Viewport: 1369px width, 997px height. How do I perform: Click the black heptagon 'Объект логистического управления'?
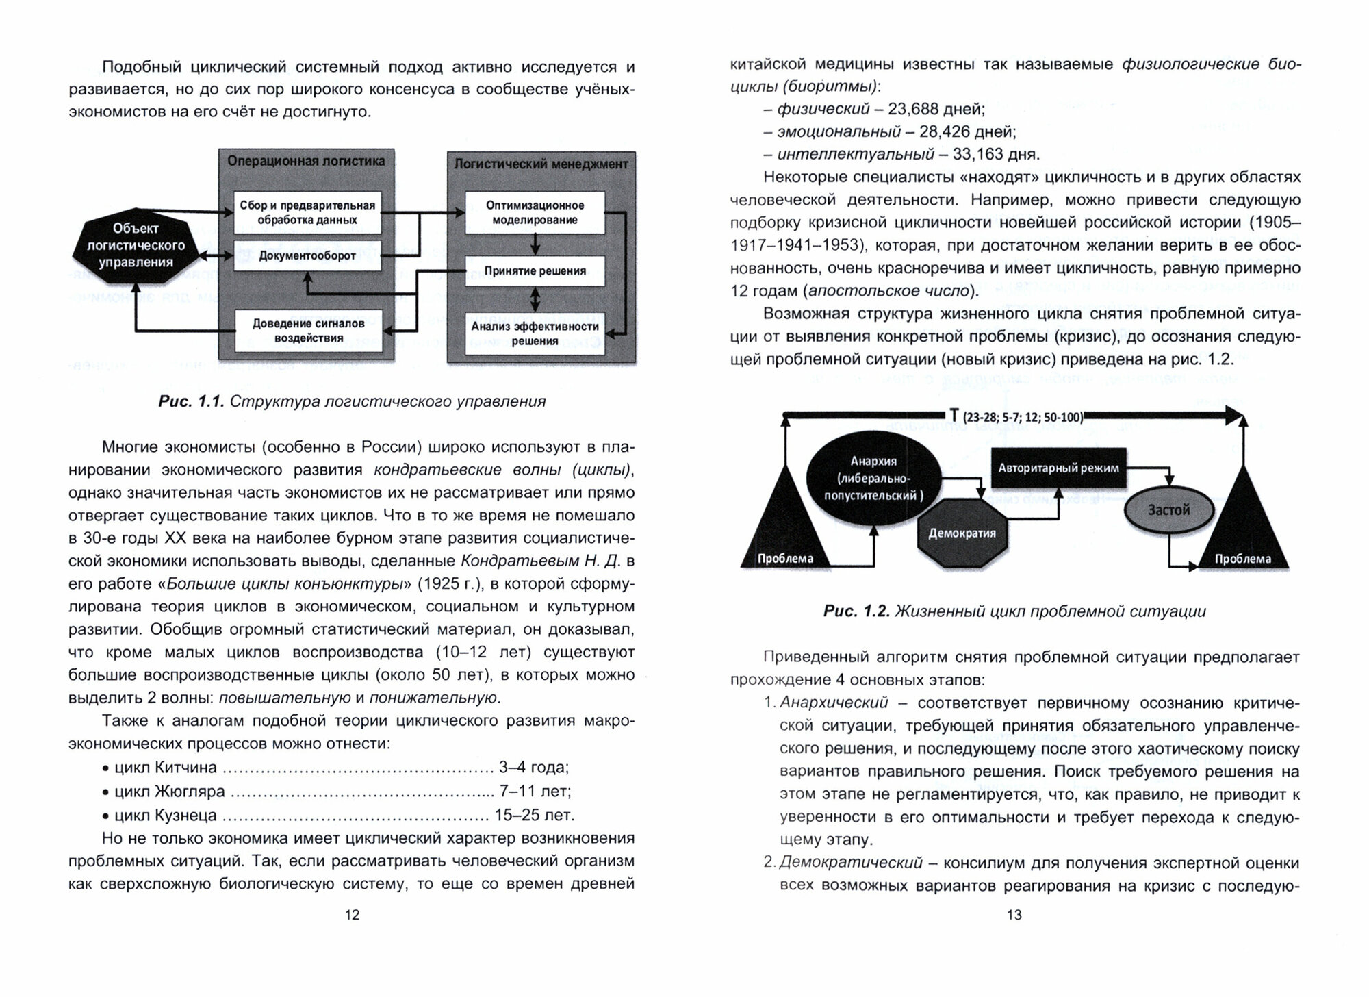tap(136, 245)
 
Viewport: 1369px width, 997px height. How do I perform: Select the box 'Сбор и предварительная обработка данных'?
tap(307, 213)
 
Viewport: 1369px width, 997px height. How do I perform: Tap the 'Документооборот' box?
tap(307, 256)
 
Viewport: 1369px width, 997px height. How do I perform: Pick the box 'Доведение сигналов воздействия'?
tap(307, 331)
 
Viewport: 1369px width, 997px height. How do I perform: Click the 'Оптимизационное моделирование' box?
tap(535, 213)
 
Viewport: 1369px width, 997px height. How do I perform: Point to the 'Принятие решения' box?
tap(535, 271)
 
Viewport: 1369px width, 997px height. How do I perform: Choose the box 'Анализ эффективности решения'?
tap(535, 333)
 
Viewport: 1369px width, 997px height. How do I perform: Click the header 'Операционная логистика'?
tap(306, 162)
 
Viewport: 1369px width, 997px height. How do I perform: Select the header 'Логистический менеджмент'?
tap(541, 164)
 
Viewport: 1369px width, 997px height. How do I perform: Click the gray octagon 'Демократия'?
tap(962, 533)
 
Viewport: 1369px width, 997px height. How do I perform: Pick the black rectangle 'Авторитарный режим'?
tap(1058, 469)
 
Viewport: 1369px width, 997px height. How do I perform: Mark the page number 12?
tap(352, 915)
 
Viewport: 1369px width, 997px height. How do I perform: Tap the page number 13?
tap(1014, 915)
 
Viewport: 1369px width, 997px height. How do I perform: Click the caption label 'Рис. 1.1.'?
tap(191, 402)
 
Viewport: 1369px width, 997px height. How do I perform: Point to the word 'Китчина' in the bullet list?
tap(185, 768)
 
